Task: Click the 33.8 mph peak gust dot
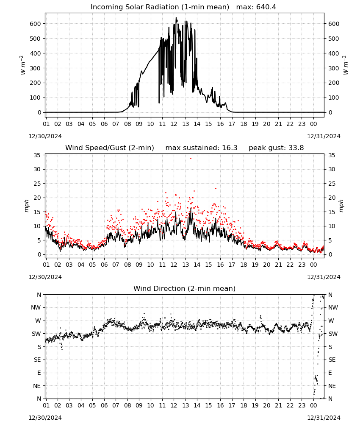coord(191,159)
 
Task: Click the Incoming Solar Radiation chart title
coord(160,7)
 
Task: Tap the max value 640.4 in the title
coord(266,7)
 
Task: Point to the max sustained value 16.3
coord(230,148)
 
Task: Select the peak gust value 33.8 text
coord(296,148)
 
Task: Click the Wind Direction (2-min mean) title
coord(185,288)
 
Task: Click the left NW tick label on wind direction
coord(36,308)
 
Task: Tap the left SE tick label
coord(37,360)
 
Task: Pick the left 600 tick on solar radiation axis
coord(36,24)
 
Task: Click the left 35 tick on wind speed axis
coord(37,155)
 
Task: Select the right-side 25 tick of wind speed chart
coord(332,184)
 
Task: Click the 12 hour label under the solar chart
coord(174,124)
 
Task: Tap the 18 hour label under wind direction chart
coord(244,405)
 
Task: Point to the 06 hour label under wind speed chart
coord(104,265)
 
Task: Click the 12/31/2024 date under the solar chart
coord(324,136)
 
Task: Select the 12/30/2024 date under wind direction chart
coord(45,418)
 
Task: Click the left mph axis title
coord(26,206)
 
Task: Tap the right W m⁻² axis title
coord(346,65)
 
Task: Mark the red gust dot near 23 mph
coord(216,189)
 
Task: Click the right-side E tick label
coord(330,373)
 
